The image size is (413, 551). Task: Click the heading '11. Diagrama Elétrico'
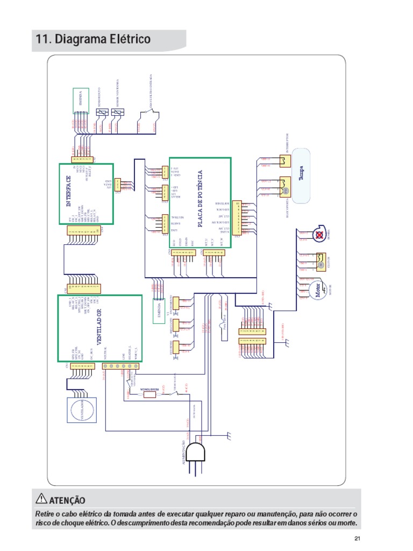pos(92,40)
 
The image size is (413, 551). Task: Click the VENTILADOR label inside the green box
pos(100,328)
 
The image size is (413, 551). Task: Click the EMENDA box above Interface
pos(81,101)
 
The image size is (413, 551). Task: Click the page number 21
pos(357,539)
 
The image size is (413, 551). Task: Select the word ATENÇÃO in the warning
pos(67,500)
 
